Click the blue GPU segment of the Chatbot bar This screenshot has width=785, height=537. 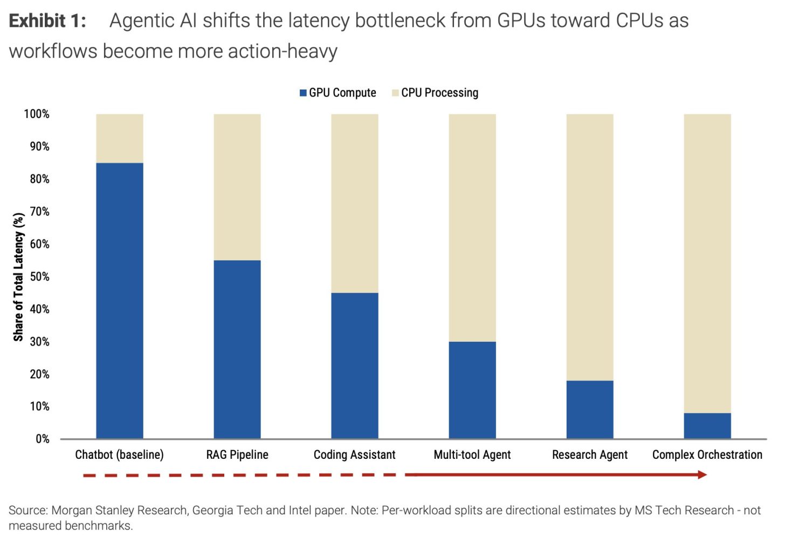click(119, 300)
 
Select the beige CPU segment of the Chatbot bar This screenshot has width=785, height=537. click(119, 138)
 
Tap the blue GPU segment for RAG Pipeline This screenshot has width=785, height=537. click(237, 349)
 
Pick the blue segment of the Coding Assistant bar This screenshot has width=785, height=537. click(354, 365)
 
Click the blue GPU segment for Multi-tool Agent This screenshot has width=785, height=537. click(472, 389)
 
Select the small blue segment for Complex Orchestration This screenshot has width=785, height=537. click(707, 425)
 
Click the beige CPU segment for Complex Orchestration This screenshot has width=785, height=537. click(707, 263)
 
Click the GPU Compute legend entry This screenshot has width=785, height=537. click(338, 93)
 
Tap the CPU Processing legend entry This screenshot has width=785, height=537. click(435, 93)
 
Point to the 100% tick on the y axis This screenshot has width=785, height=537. click(37, 114)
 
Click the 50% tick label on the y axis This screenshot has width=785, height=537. click(39, 277)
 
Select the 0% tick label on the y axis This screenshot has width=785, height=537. click(42, 439)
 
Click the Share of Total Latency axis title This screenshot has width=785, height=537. click(18, 277)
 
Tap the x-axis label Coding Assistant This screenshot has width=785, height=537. click(354, 455)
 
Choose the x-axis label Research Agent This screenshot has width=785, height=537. click(589, 455)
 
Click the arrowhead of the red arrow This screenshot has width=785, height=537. click(701, 474)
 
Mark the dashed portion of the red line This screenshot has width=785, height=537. click(243, 475)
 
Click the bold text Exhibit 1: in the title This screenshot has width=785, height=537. click(47, 21)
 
